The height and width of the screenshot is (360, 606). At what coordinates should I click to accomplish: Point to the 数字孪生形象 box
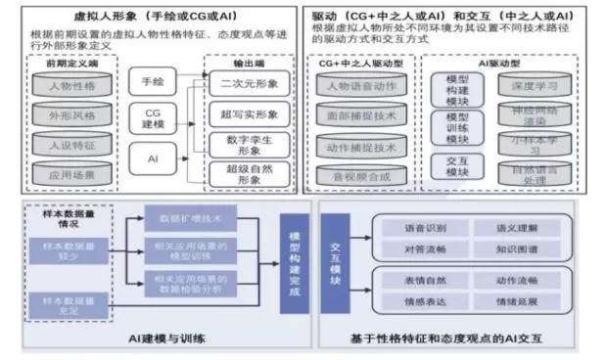point(239,144)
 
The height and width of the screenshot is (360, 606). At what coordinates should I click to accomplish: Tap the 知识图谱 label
point(518,248)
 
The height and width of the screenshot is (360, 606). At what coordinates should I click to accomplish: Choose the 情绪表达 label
point(425,301)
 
